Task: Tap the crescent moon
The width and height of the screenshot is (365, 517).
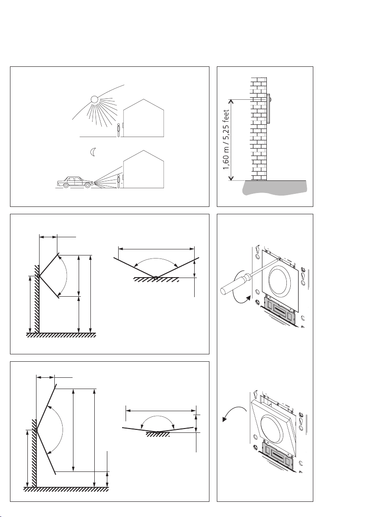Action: [93, 152]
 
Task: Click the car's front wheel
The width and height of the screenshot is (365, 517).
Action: [87, 185]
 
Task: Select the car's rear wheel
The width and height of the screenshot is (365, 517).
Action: [66, 185]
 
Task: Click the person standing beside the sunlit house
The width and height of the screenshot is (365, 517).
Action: [119, 130]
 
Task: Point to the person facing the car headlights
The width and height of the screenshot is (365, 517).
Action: [119, 181]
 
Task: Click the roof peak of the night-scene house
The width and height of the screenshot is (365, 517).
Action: [143, 151]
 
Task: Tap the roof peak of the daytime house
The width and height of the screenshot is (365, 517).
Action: [143, 99]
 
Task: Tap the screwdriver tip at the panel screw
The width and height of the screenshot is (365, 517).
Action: [279, 258]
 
